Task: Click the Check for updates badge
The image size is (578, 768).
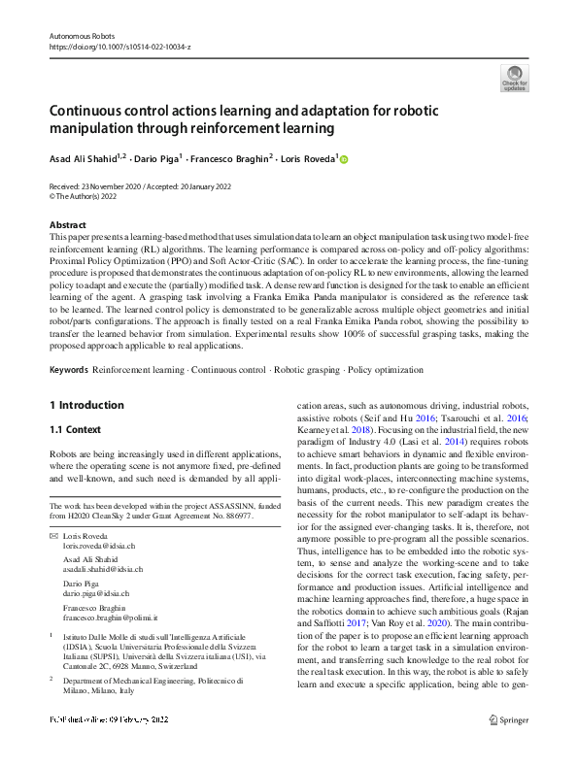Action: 514,77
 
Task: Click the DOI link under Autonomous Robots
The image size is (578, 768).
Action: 119,46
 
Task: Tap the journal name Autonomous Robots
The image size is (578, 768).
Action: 81,35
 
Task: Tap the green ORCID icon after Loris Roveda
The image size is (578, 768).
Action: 342,159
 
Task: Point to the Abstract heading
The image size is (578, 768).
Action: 66,224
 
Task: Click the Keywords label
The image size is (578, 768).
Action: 68,370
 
